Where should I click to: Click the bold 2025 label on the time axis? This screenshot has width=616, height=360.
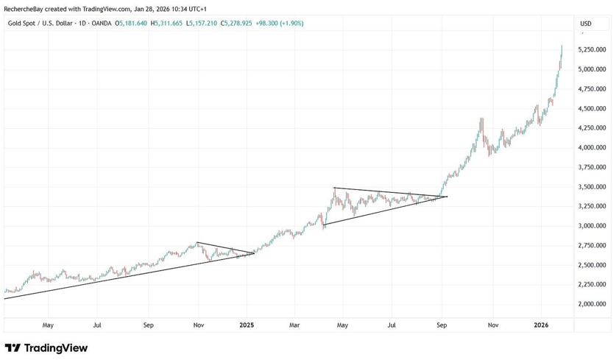(x=247, y=325)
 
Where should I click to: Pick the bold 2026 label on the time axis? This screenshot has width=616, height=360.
(x=541, y=325)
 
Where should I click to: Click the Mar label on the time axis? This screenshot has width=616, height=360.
(x=294, y=325)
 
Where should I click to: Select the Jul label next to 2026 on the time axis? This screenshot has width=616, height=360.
(x=392, y=325)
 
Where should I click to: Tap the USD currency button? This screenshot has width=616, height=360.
(x=586, y=24)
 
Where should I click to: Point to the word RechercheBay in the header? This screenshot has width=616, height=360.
(x=26, y=10)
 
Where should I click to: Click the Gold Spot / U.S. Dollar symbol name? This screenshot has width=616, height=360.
(x=41, y=24)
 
